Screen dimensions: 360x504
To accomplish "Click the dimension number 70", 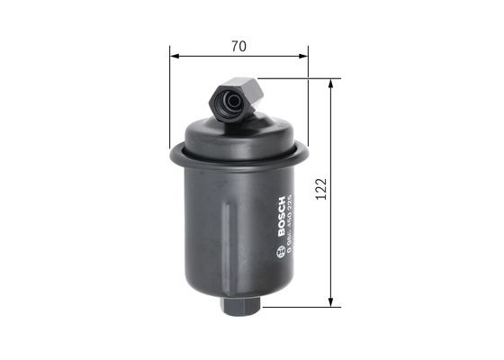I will coord(238,45).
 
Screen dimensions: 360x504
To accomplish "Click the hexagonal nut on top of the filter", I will coord(237,98).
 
